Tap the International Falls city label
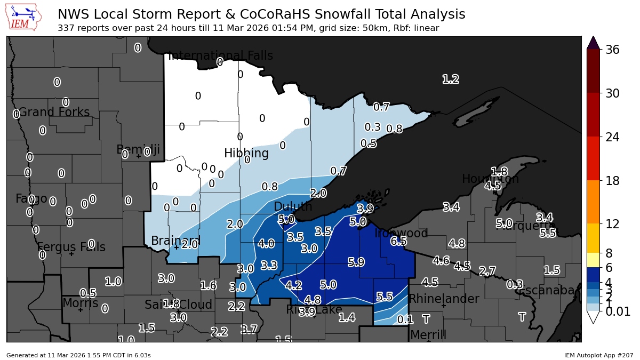pos(220,55)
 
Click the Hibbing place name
pos(246,153)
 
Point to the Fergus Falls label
pos(71,247)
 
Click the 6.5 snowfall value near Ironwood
pos(398,241)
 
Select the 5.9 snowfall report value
pos(356,262)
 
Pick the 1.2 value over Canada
pos(451,79)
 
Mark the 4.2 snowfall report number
pos(293,285)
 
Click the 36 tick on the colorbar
pos(612,50)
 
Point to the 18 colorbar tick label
pos(612,181)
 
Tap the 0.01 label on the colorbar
pos(618,311)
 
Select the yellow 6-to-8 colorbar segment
pos(594,260)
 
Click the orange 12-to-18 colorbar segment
pos(594,202)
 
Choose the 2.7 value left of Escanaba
pos(487,271)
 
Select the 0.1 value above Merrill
pos(405,319)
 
